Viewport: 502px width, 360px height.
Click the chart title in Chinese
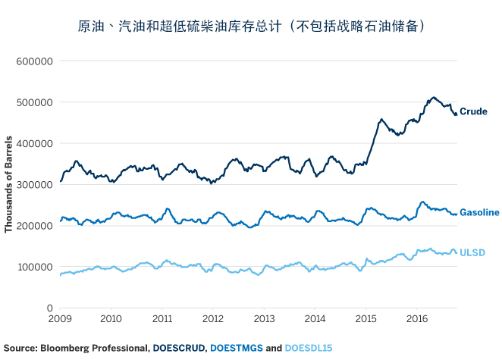[x=251, y=26]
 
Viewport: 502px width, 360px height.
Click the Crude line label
[x=473, y=111]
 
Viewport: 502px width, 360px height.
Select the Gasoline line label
[x=479, y=213]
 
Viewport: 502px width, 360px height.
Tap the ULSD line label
[x=472, y=252]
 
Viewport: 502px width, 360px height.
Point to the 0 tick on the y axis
[x=49, y=308]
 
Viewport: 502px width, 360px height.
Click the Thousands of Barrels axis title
[x=9, y=184]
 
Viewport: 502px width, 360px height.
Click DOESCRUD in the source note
[x=179, y=349]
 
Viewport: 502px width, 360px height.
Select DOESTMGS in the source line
[x=237, y=349]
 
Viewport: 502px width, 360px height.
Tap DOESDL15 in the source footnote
[x=308, y=349]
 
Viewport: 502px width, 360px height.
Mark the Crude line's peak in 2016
[x=433, y=97]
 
